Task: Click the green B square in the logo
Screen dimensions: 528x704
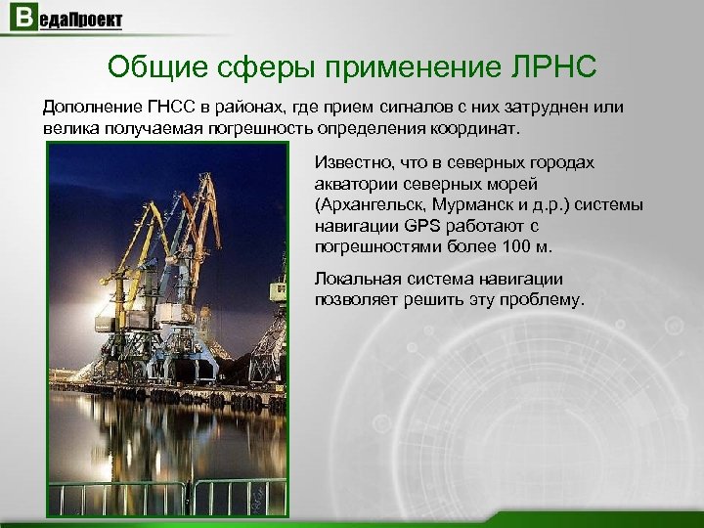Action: pos(20,19)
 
